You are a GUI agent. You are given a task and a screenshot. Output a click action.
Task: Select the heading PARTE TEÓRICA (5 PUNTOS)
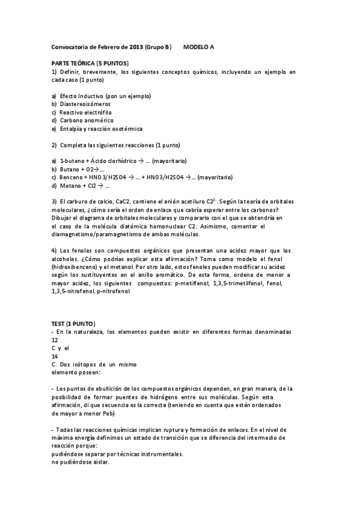89,63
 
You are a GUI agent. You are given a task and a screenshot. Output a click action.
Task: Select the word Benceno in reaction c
73,177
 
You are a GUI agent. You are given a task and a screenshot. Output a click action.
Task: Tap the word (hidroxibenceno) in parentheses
75,266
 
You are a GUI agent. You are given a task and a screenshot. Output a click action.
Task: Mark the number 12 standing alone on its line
55,340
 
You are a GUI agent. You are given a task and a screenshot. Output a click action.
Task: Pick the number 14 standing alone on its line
55,356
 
